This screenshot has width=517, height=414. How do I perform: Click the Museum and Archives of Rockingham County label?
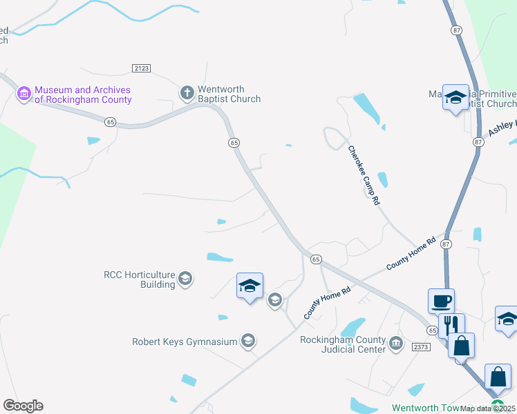coord(83,95)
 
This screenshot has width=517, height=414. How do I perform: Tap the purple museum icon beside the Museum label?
coord(24,94)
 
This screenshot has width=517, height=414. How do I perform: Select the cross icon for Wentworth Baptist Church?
coord(187,92)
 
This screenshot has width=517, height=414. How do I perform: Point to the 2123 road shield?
coord(141,68)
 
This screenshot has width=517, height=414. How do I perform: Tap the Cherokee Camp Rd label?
coord(364,175)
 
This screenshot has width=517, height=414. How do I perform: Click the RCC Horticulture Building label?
coord(139,279)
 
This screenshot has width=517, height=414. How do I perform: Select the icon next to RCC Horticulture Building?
coord(185,279)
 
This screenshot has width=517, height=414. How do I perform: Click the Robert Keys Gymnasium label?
coord(184,342)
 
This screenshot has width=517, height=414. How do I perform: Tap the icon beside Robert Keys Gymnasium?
coord(247,341)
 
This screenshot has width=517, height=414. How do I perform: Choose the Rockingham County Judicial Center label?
coord(342,344)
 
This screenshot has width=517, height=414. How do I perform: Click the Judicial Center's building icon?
coord(395,344)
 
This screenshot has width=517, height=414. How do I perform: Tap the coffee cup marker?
coord(441,302)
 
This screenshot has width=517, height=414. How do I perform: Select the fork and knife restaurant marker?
coord(451,326)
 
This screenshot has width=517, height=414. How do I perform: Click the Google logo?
coord(23,406)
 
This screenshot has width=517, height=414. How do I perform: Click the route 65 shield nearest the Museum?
coord(111,122)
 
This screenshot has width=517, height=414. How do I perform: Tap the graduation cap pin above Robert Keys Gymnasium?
coord(250,285)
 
